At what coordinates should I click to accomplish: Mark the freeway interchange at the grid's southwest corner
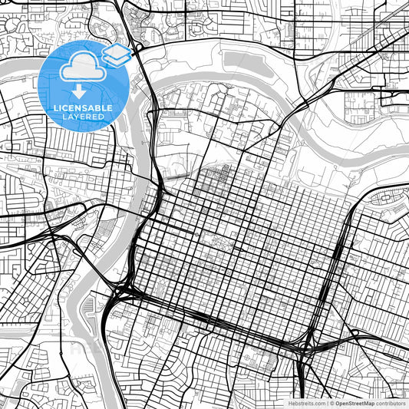pyautogui.click(x=123, y=292)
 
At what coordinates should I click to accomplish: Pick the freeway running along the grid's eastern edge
pyautogui.click(x=338, y=261)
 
